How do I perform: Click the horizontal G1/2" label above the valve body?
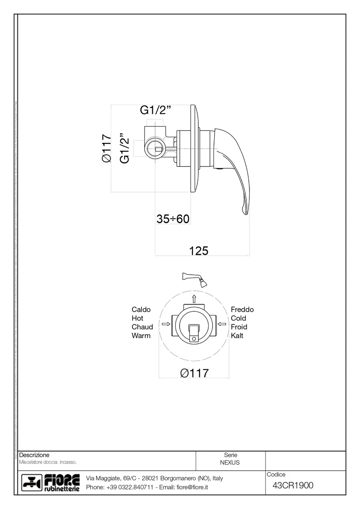pyautogui.click(x=155, y=110)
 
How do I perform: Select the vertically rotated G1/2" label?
pyautogui.click(x=125, y=148)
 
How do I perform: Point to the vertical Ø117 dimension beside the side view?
pyautogui.click(x=106, y=148)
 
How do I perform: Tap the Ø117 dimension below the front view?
pyautogui.click(x=194, y=373)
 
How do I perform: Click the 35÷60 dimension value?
pyautogui.click(x=173, y=219)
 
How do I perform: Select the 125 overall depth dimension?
pyautogui.click(x=199, y=251)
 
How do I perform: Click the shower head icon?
pyautogui.click(x=195, y=279)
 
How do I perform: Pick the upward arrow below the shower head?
pyautogui.click(x=194, y=298)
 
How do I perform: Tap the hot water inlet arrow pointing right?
pyautogui.click(x=166, y=324)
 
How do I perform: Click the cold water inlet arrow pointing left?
pyautogui.click(x=222, y=324)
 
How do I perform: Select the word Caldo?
pyautogui.click(x=141, y=309)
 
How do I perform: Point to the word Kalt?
pyautogui.click(x=237, y=336)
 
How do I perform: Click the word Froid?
pyautogui.click(x=239, y=327)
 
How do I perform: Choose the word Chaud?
pyautogui.click(x=142, y=327)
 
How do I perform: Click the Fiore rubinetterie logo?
pyautogui.click(x=50, y=482)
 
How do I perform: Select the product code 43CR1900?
pyautogui.click(x=293, y=486)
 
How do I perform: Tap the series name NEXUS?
pyautogui.click(x=230, y=462)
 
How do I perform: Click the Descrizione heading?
pyautogui.click(x=34, y=455)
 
